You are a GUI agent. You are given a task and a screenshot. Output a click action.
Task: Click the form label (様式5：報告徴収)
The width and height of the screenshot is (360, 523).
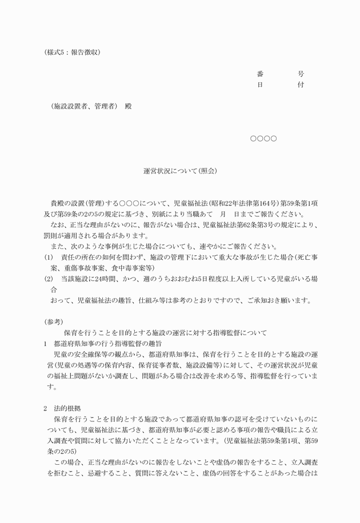tap(73, 52)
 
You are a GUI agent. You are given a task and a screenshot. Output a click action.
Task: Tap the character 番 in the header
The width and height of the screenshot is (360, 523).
tap(261, 74)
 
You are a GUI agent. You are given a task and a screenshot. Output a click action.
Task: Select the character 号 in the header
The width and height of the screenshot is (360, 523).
tap(301, 74)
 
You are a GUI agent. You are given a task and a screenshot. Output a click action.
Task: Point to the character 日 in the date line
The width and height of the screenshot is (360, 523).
tap(261, 85)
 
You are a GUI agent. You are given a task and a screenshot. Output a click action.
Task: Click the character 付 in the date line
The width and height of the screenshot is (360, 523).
tap(301, 85)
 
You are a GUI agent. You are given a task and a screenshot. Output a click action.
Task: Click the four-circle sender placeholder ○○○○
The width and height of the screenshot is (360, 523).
tap(263, 139)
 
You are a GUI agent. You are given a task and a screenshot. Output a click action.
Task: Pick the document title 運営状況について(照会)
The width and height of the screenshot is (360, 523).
tap(180, 171)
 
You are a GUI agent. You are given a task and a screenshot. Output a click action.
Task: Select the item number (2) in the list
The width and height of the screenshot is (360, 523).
tap(49, 279)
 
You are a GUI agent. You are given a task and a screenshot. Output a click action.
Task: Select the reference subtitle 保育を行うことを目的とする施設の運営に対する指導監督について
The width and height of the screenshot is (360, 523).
tap(162, 333)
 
